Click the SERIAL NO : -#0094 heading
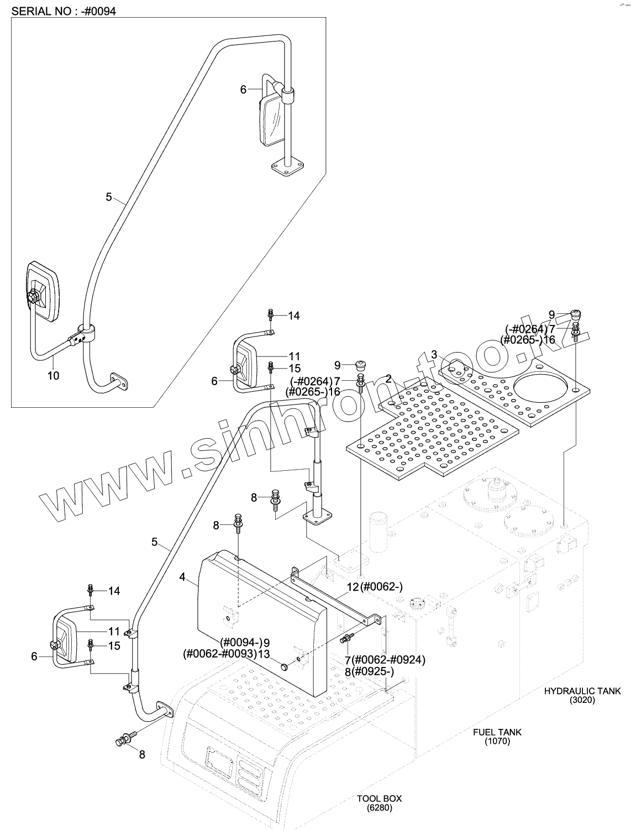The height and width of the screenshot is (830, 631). click(x=64, y=11)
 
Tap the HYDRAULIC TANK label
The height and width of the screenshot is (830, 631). click(x=582, y=691)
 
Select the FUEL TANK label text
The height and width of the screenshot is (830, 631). click(x=497, y=732)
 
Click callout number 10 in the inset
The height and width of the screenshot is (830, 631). click(x=53, y=375)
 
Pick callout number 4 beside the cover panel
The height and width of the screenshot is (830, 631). click(x=182, y=577)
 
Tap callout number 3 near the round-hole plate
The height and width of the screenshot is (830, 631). click(x=434, y=354)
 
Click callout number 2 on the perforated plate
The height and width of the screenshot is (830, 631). click(x=388, y=379)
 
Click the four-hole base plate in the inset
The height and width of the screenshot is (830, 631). click(x=288, y=167)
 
